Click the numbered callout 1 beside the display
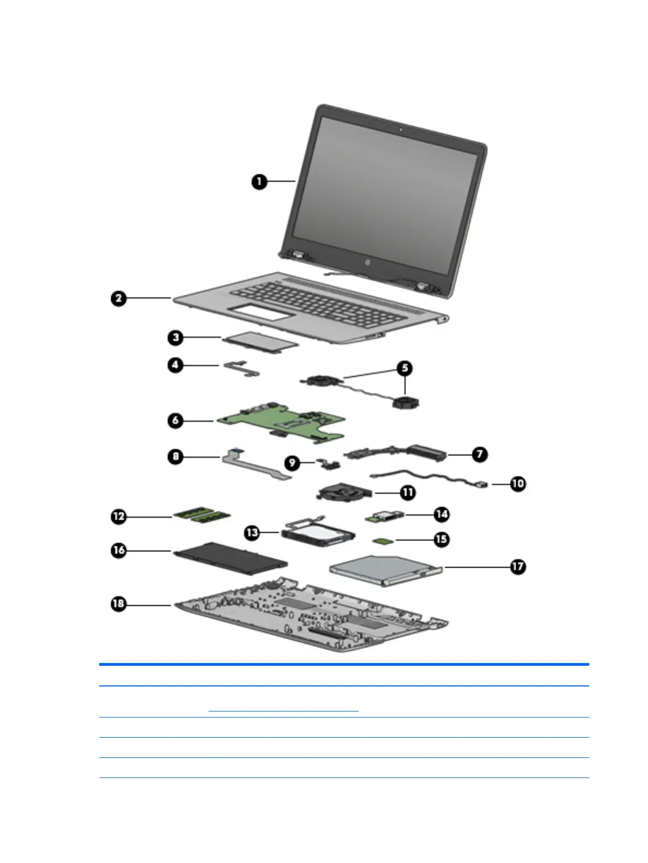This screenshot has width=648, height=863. (x=259, y=181)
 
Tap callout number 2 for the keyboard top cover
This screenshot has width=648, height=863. (x=118, y=299)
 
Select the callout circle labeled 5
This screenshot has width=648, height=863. (x=404, y=368)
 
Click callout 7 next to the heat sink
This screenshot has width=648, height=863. (x=480, y=454)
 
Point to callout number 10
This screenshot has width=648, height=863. (x=518, y=483)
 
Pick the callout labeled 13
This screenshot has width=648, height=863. (x=252, y=532)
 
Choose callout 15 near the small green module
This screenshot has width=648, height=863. (x=441, y=539)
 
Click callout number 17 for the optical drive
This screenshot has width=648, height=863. (x=518, y=567)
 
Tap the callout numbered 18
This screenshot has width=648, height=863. (x=118, y=604)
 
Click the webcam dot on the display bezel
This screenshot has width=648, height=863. (x=401, y=130)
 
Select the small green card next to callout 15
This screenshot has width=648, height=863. (x=381, y=540)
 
